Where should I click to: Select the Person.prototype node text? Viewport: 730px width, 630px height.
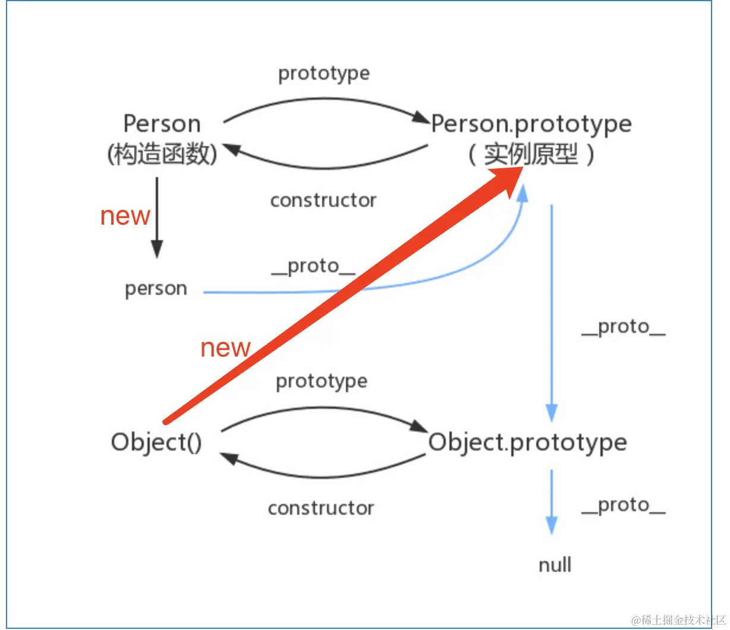click(x=531, y=124)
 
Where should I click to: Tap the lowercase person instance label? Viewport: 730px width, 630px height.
click(x=156, y=289)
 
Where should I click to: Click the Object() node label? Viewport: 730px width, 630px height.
click(x=156, y=442)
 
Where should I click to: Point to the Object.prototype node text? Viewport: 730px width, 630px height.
click(x=527, y=442)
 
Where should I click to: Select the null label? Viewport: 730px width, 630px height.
click(x=555, y=565)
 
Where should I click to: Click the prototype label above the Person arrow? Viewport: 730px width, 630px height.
click(x=324, y=73)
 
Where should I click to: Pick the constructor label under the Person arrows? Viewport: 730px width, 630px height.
click(x=323, y=200)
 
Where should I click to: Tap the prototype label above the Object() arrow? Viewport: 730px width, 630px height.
click(x=322, y=381)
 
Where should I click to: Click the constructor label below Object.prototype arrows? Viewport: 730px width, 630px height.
click(x=321, y=508)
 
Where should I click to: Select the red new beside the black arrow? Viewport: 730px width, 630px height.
click(x=125, y=216)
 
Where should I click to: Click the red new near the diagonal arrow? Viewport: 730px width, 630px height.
click(x=225, y=348)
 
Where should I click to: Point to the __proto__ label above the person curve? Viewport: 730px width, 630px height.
click(x=313, y=266)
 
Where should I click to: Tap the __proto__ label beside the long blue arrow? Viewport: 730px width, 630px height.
click(x=623, y=326)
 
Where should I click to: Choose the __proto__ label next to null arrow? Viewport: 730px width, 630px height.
click(x=623, y=505)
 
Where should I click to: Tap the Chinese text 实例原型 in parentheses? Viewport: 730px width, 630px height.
click(x=531, y=155)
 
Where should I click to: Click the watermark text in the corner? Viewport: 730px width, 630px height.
click(x=678, y=620)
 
